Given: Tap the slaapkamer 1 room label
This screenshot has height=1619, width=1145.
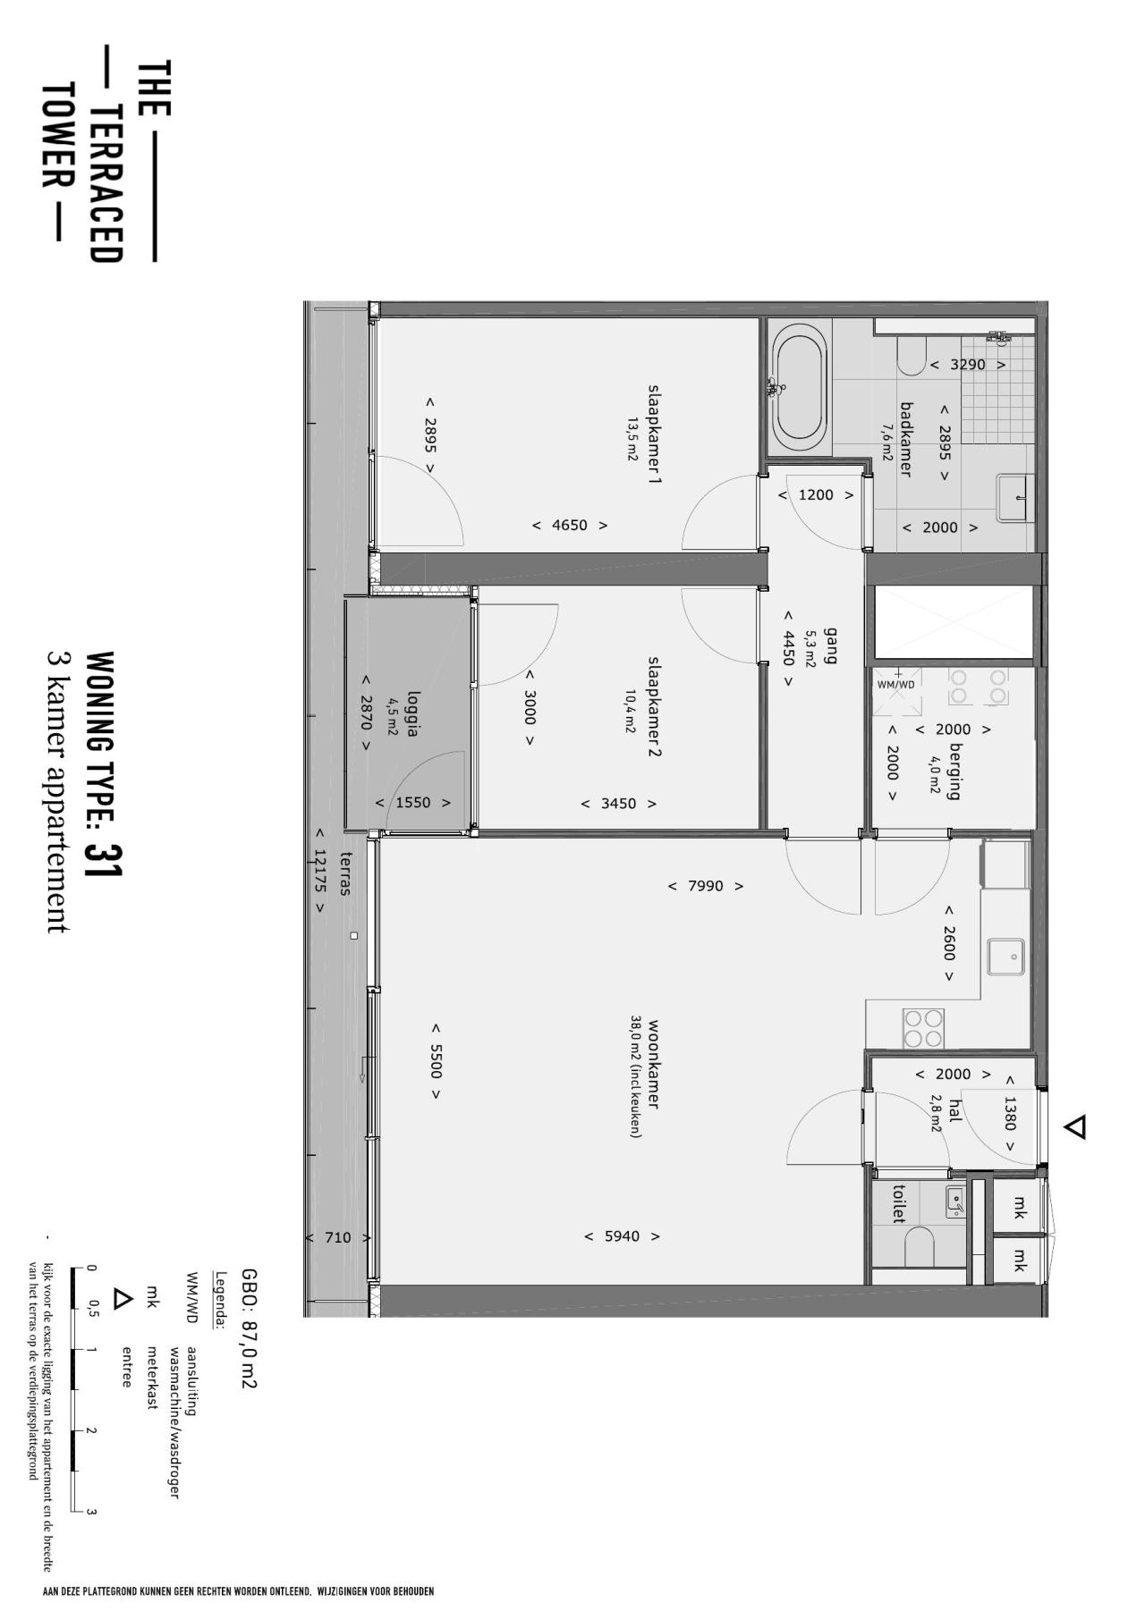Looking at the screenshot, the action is pos(655,434).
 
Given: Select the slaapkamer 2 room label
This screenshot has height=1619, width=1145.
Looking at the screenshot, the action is pos(655,707).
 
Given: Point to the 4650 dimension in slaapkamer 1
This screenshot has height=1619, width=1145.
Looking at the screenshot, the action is pos(570,525).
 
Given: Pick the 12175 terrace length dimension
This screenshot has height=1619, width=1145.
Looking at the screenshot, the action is pos(319,870).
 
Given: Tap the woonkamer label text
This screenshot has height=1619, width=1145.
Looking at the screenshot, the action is pos(654,1064).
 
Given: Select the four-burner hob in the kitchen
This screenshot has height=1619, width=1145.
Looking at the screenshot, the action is pos(923,1028).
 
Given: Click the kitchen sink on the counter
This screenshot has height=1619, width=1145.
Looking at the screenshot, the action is pos(1006,957).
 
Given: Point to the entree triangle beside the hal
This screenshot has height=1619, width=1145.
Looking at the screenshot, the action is pos(1075,1126).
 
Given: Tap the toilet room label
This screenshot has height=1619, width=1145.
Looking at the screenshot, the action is pos(899,1204).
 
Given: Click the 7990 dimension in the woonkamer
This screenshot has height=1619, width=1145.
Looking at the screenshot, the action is pos(706,886).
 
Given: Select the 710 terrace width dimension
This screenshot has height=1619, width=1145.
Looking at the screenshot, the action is pos(337,1238).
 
